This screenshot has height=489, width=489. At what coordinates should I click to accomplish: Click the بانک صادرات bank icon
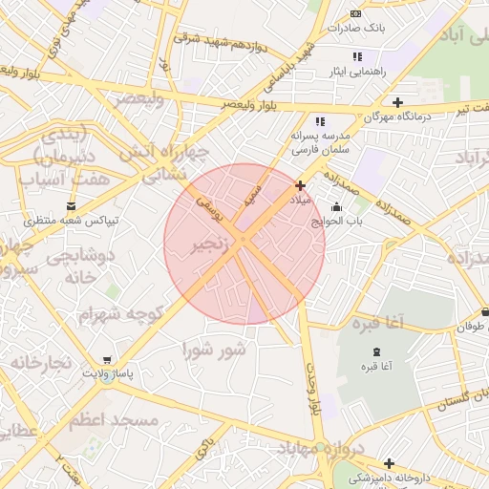tap(356, 13)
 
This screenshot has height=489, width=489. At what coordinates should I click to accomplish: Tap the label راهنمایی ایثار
tap(352, 72)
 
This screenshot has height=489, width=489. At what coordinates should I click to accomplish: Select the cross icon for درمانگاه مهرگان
tap(398, 102)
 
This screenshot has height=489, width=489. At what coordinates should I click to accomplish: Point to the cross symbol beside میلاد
tap(301, 185)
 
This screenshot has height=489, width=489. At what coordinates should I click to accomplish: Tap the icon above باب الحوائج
tap(335, 207)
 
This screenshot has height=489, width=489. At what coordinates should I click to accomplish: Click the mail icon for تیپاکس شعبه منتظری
tap(72, 206)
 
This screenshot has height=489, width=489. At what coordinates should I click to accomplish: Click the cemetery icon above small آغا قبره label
tap(374, 352)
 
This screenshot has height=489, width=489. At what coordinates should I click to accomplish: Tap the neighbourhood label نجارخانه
tap(41, 363)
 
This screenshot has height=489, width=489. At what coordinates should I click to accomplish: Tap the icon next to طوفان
tap(485, 311)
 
